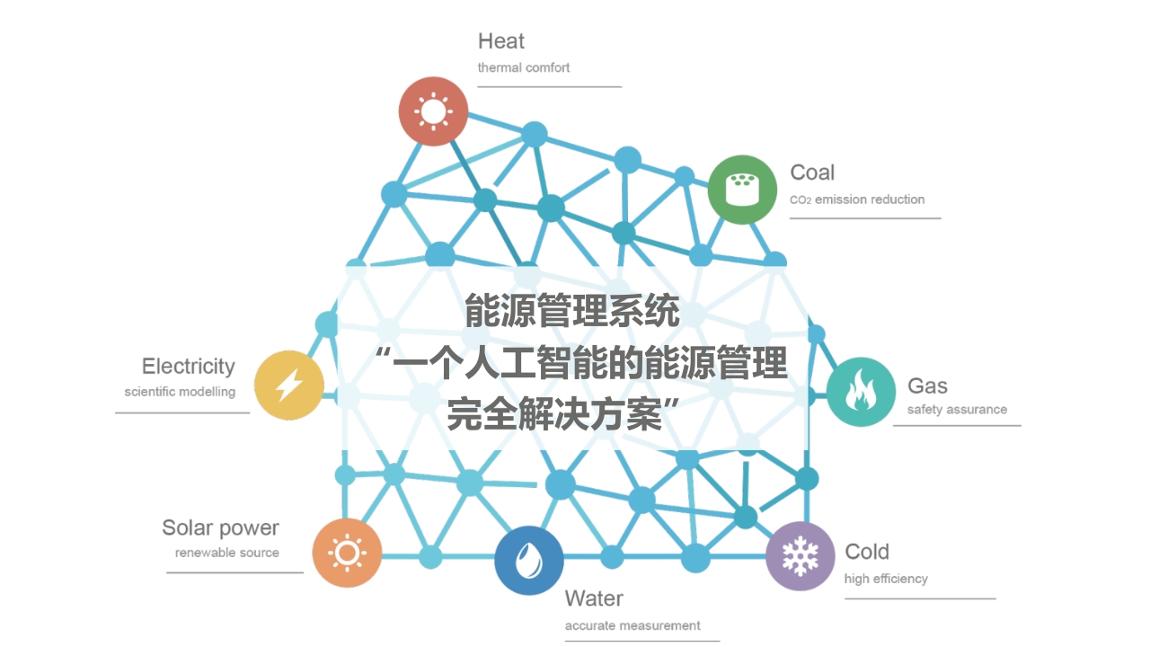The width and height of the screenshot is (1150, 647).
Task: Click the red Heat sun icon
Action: [x=433, y=111]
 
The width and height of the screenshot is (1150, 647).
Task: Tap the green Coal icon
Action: [x=742, y=190]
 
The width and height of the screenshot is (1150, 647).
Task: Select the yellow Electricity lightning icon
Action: [x=289, y=386]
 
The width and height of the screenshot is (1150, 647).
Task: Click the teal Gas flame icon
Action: [x=861, y=392]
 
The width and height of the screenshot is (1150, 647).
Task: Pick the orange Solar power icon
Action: [x=347, y=553]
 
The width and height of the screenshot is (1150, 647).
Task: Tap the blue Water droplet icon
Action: [x=529, y=560]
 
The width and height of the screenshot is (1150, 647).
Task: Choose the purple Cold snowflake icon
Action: [x=801, y=556]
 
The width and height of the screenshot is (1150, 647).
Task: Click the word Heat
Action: [x=501, y=41]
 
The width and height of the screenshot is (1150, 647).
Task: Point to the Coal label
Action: [x=812, y=173]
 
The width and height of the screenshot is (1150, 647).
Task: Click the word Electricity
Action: [x=189, y=367]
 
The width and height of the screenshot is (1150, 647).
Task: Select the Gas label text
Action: [x=927, y=386]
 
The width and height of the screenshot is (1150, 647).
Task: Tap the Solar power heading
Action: [x=221, y=528]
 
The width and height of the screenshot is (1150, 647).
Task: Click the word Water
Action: [x=594, y=598]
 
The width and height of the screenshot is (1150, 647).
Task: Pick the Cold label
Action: [x=867, y=552]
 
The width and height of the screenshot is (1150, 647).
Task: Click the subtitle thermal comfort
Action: [x=524, y=67]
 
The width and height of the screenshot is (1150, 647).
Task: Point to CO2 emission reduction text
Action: [x=857, y=199]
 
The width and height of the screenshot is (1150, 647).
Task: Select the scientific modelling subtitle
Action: [x=180, y=393]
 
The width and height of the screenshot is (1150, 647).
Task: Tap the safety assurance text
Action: [x=957, y=410]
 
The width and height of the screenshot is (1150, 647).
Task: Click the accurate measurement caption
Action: [x=632, y=625]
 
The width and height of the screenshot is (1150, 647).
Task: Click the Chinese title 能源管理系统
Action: [x=572, y=311]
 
